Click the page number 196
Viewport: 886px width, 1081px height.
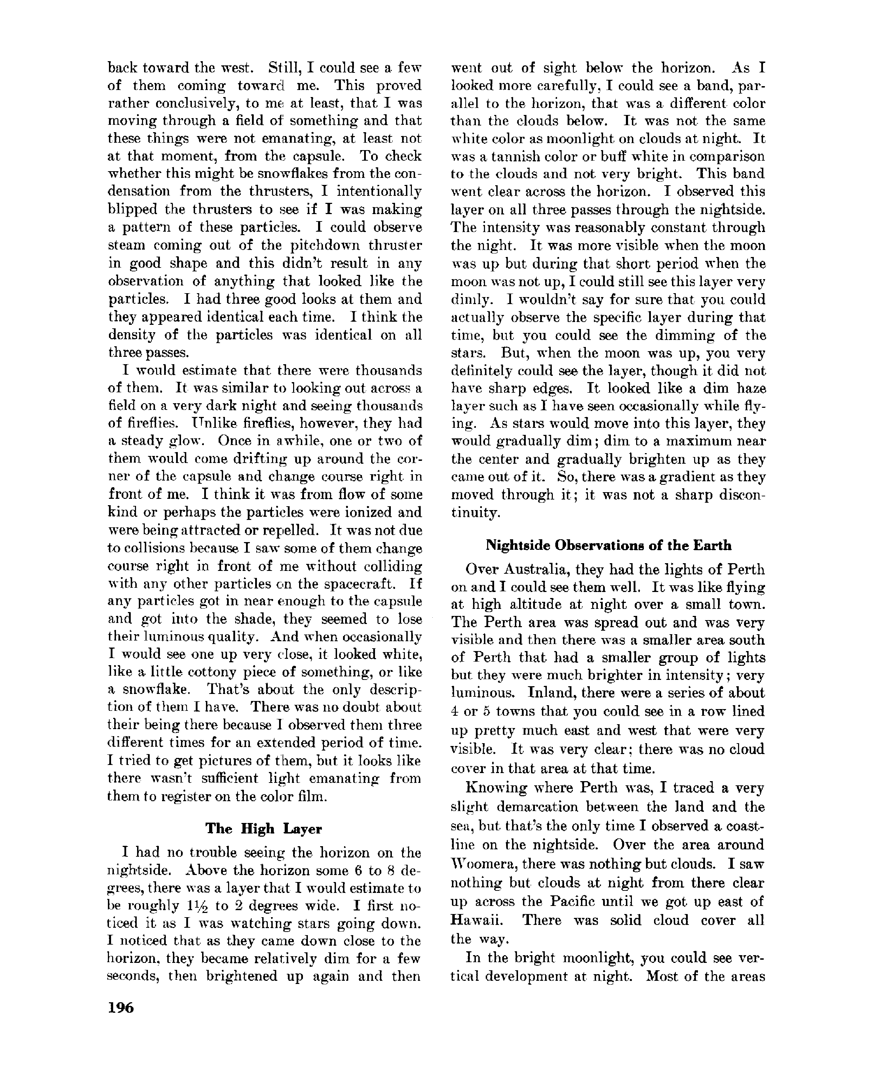click(121, 1008)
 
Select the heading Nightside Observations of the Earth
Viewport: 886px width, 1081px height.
click(608, 545)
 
